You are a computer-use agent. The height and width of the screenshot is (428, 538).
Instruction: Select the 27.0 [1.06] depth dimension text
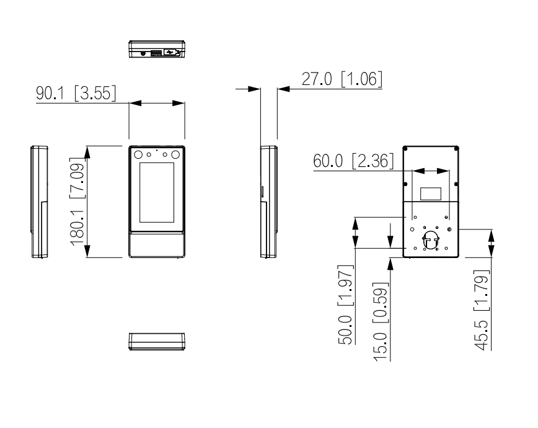(342, 80)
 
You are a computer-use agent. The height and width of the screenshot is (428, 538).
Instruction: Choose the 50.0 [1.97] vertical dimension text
(346, 304)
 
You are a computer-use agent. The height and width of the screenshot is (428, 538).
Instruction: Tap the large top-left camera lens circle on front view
(138, 154)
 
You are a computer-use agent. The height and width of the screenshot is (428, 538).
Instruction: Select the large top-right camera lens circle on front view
(176, 154)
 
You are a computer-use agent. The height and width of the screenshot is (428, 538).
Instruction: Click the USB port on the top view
(175, 52)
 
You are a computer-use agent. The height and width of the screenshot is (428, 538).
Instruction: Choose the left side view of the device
(40, 202)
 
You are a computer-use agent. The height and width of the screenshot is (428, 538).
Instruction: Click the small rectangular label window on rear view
(430, 193)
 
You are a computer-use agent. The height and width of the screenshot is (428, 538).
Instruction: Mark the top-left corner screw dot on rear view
(405, 148)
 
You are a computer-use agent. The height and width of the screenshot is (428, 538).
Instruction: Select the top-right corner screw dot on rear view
(456, 148)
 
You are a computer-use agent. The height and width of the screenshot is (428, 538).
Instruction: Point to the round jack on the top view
(144, 53)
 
